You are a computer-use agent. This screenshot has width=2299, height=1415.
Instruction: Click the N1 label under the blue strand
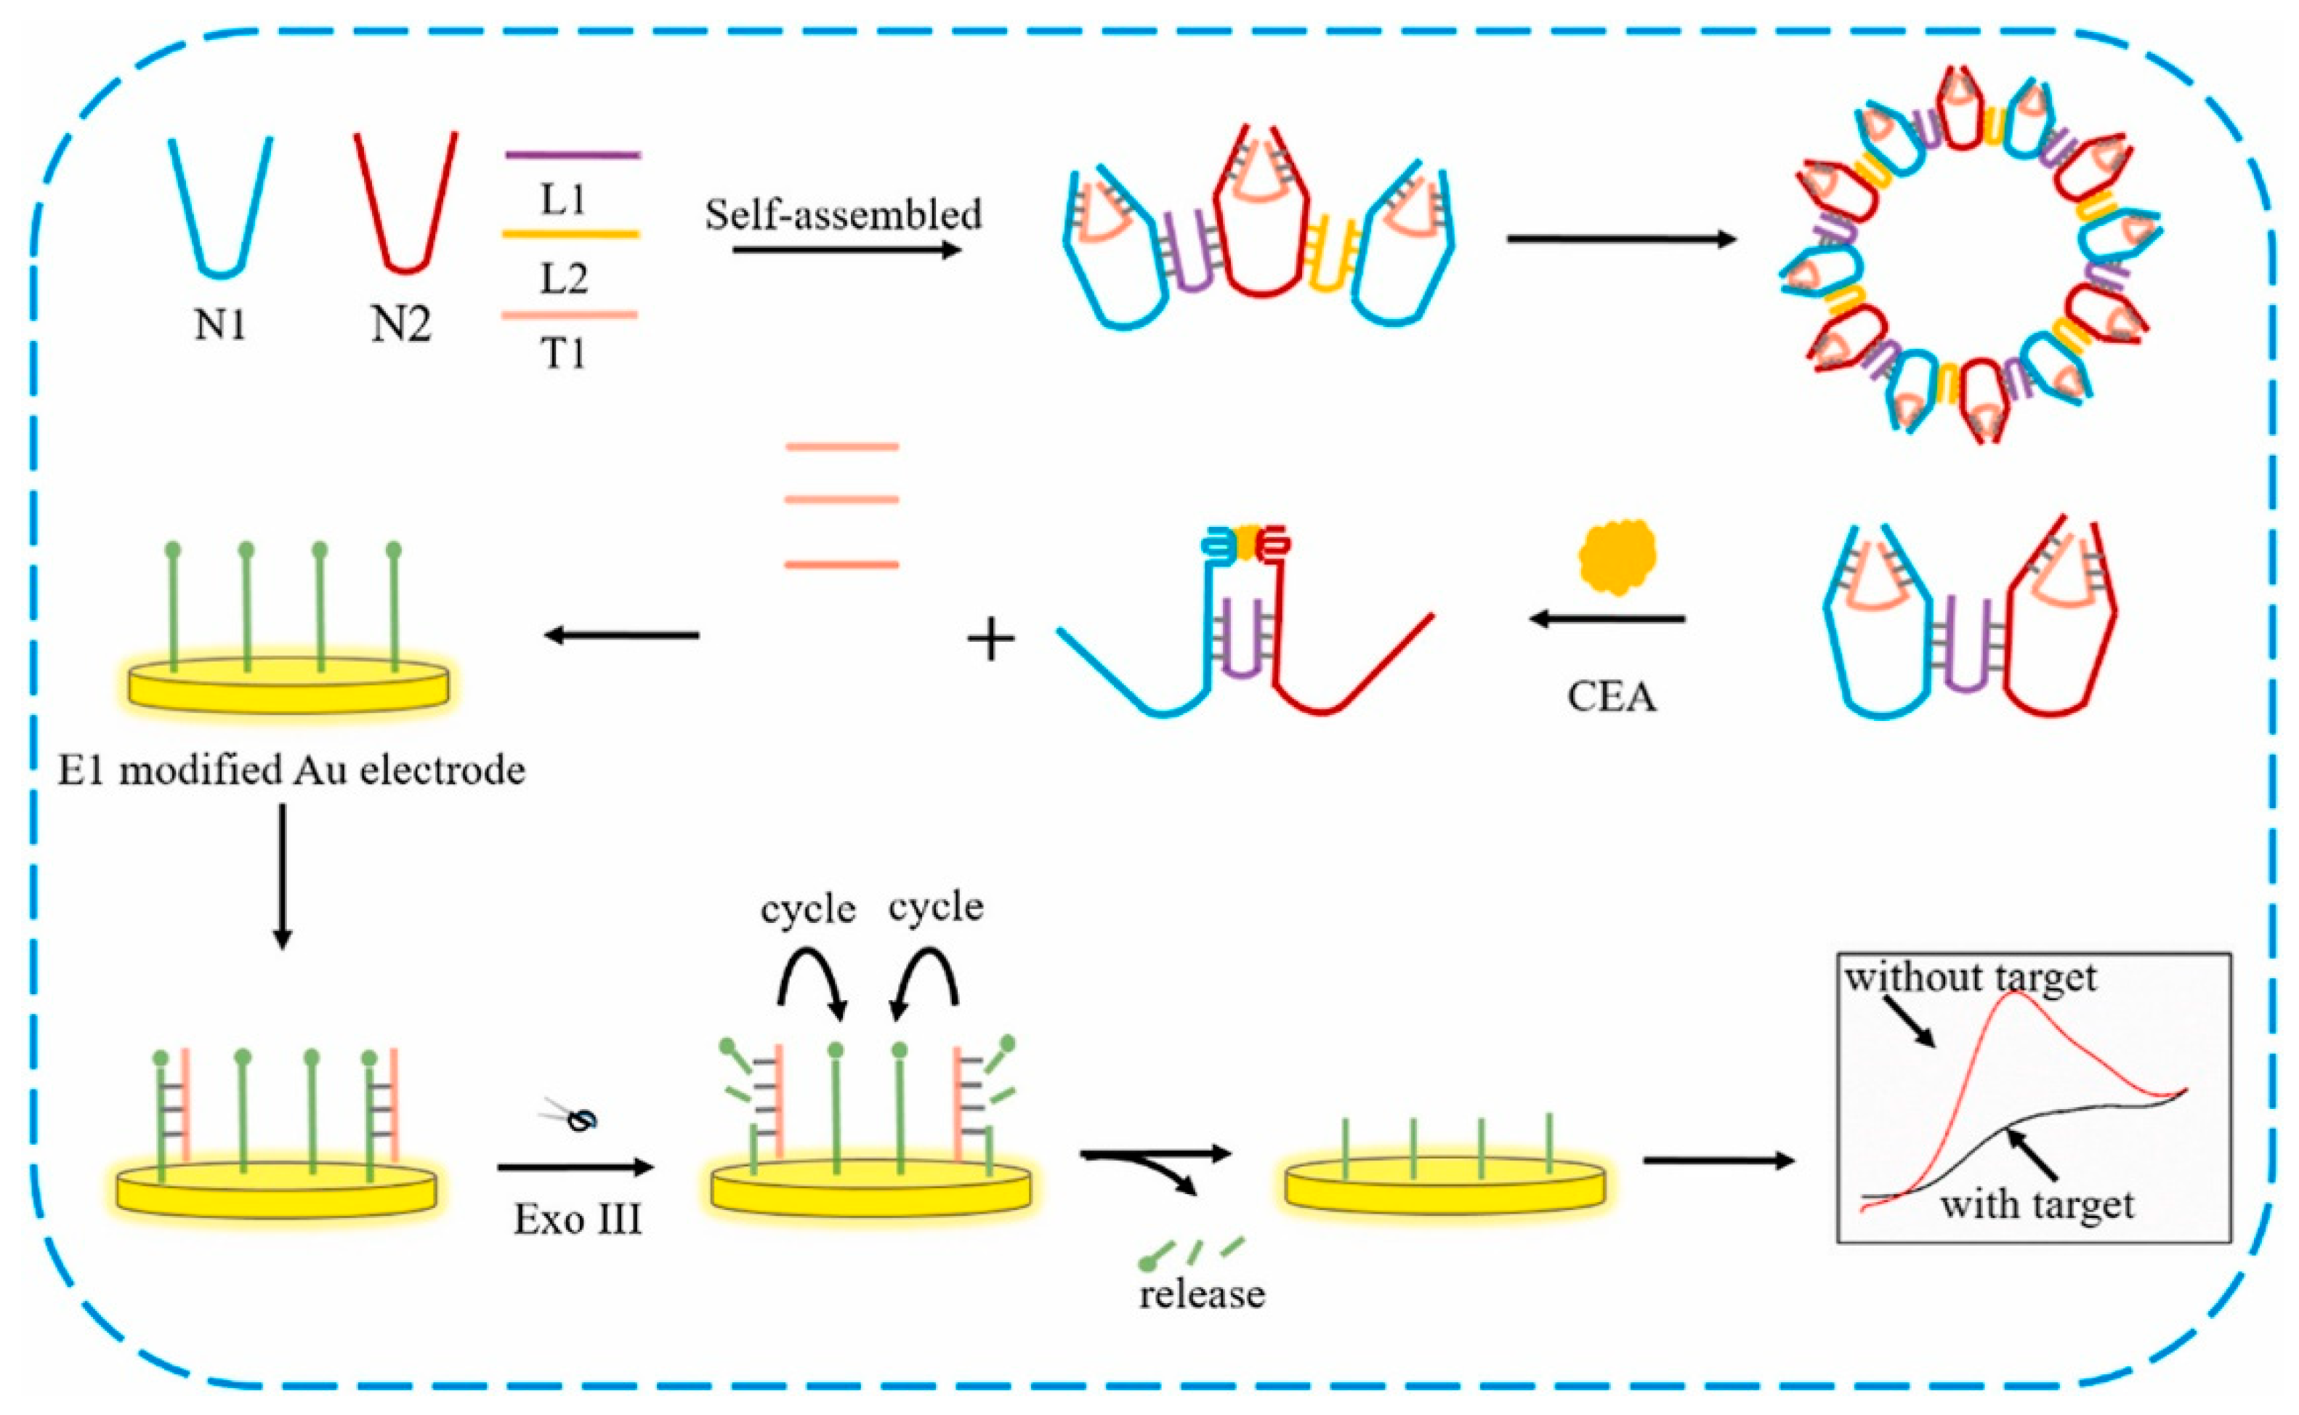point(221,325)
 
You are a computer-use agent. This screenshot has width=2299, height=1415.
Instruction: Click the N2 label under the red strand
point(401,325)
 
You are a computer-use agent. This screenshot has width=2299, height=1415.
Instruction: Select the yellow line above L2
point(572,234)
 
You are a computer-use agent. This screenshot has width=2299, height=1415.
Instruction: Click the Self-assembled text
point(843,215)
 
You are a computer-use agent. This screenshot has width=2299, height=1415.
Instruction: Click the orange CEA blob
point(1617,557)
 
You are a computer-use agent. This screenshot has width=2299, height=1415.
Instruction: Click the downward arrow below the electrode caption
point(282,875)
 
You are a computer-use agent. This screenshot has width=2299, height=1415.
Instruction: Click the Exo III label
point(578,1220)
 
